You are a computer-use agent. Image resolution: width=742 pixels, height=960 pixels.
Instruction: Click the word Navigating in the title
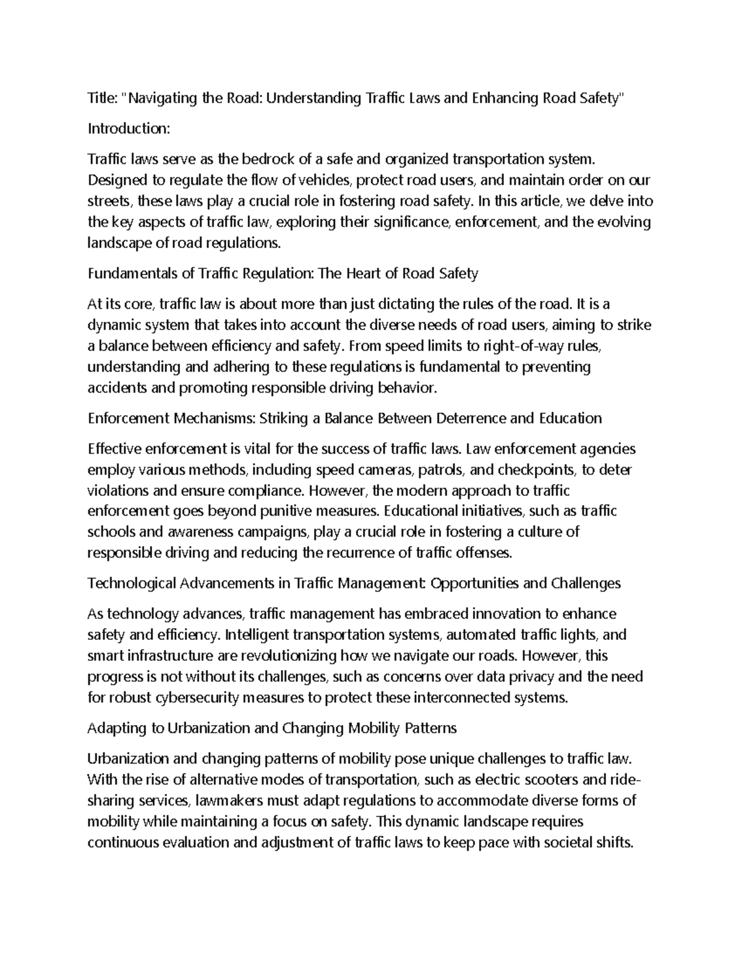[163, 98]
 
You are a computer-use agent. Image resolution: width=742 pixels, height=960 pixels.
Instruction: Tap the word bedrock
[270, 159]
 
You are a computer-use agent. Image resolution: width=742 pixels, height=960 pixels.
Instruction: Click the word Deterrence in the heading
[471, 418]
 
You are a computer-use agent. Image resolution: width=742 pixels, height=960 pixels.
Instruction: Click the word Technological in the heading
[131, 583]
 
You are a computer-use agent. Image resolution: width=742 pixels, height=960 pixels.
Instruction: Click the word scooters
[548, 779]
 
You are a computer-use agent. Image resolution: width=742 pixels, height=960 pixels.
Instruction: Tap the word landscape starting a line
[119, 243]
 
